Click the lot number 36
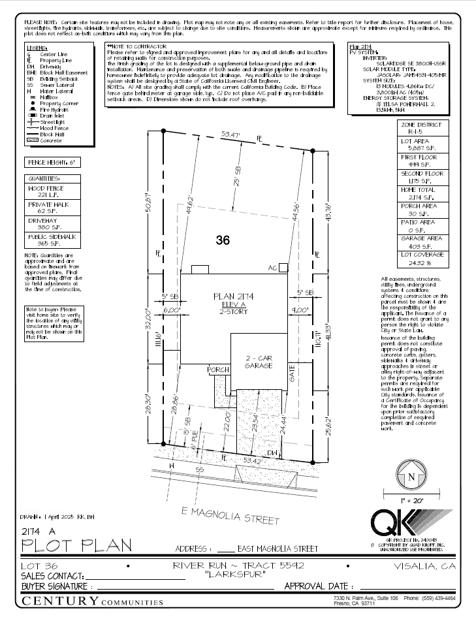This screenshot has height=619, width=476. [x=223, y=240]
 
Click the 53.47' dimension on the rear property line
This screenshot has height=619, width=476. [x=231, y=135]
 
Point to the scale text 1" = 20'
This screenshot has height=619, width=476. [x=411, y=500]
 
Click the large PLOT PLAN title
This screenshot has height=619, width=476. [x=76, y=544]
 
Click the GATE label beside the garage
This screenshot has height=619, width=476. [x=293, y=374]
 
